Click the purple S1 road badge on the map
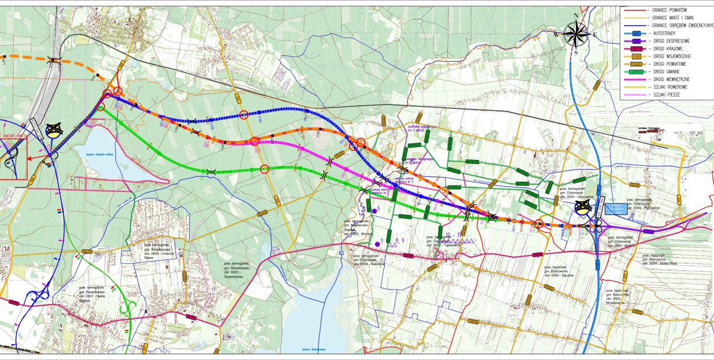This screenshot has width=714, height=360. point(648,231)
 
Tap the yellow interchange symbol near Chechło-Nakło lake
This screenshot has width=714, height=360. point(54,131)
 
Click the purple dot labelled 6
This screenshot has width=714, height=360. point(375,211)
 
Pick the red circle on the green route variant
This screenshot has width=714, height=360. point(264,169)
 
